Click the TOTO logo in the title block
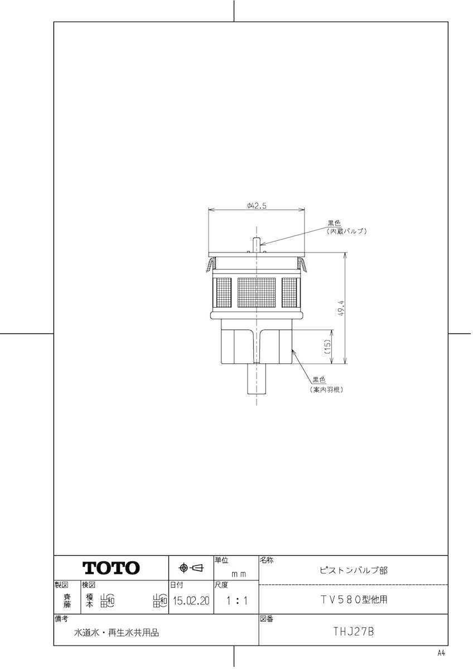coord(111,568)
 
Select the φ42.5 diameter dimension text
coord(257,206)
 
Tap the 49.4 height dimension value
coord(342,309)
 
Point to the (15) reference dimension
coord(328,347)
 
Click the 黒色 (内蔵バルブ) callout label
coord(346,227)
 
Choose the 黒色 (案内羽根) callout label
coord(326,385)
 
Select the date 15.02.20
coord(191,600)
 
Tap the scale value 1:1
coord(236,600)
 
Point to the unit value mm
coord(239,574)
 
